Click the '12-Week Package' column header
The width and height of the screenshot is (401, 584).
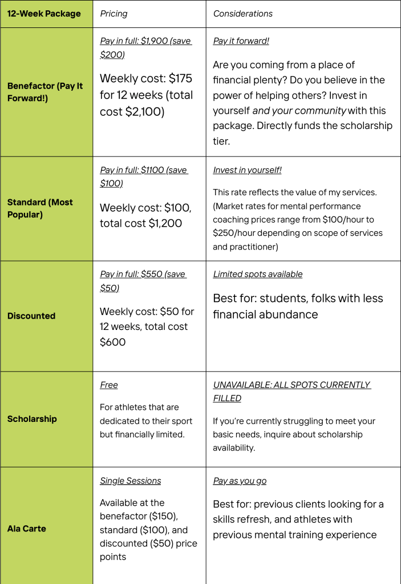[44, 13]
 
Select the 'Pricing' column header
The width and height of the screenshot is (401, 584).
[114, 13]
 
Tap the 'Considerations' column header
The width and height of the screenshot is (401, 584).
[243, 13]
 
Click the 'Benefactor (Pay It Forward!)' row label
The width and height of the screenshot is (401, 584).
[44, 91]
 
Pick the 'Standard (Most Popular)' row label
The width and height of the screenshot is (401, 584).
[40, 208]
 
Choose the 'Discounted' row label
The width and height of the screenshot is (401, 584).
[31, 316]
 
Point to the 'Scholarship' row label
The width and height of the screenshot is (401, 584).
[32, 418]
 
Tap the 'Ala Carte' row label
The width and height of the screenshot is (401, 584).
[27, 528]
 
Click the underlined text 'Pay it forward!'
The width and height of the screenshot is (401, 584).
[241, 41]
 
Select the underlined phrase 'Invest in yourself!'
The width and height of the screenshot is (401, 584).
[247, 170]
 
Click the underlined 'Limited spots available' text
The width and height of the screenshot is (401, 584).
[258, 274]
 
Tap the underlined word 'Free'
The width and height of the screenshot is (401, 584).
[109, 385]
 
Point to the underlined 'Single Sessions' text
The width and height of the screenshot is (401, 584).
[131, 481]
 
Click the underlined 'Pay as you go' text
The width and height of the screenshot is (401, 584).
[240, 481]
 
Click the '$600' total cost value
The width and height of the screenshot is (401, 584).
[113, 342]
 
